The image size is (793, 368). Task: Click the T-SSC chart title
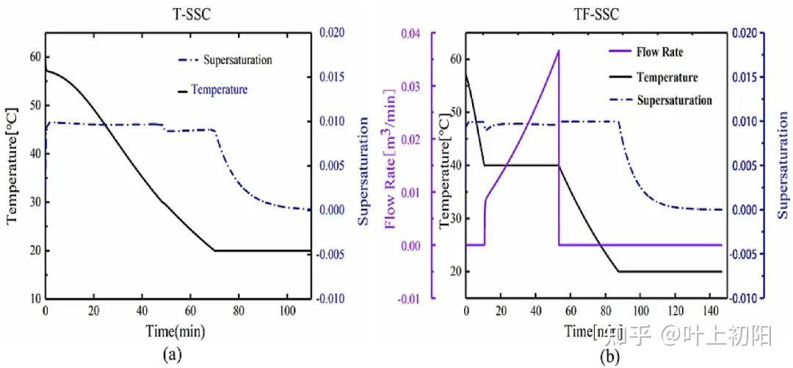pyautogui.click(x=178, y=12)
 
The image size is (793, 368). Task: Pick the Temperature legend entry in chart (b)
pyautogui.click(x=667, y=76)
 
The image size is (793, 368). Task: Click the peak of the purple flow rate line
pyautogui.click(x=559, y=51)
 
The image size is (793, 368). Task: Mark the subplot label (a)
pyautogui.click(x=171, y=356)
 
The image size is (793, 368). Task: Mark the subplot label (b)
pyautogui.click(x=609, y=357)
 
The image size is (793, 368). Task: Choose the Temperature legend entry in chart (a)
pyautogui.click(x=219, y=90)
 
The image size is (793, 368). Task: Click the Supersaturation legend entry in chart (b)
pyautogui.click(x=674, y=100)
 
